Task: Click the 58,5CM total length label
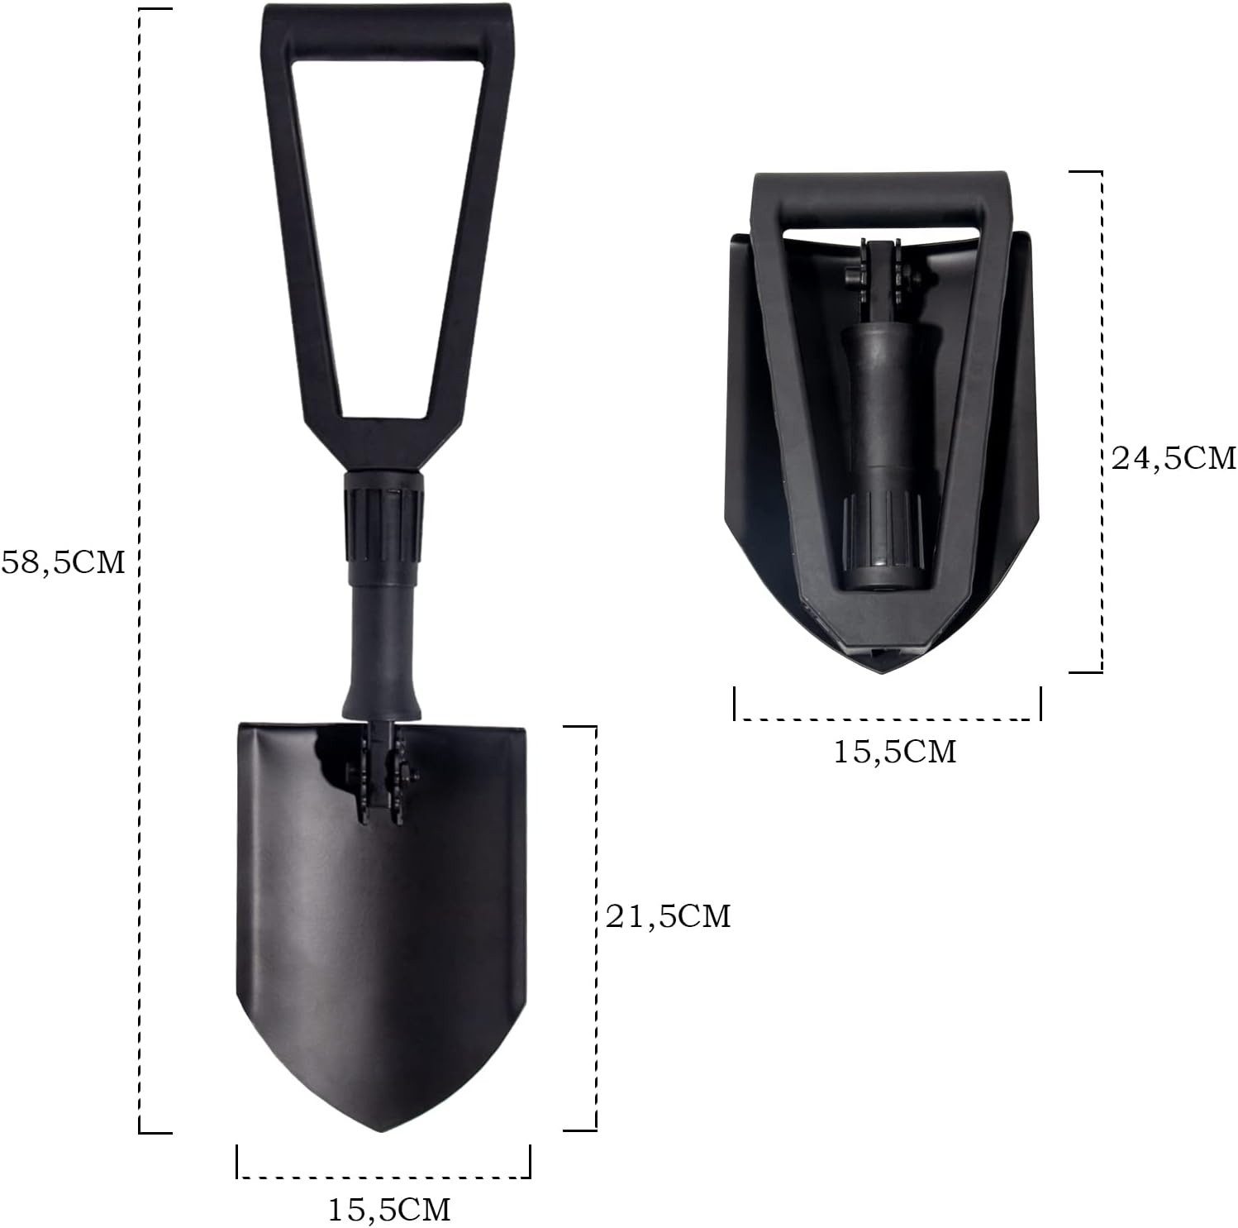point(64,563)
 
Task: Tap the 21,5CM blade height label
point(669,915)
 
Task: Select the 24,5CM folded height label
point(1174,457)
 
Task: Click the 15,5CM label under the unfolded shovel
point(389,1210)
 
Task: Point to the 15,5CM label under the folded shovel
point(894,751)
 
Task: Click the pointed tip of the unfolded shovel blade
point(381,1130)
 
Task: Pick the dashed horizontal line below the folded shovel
point(887,719)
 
